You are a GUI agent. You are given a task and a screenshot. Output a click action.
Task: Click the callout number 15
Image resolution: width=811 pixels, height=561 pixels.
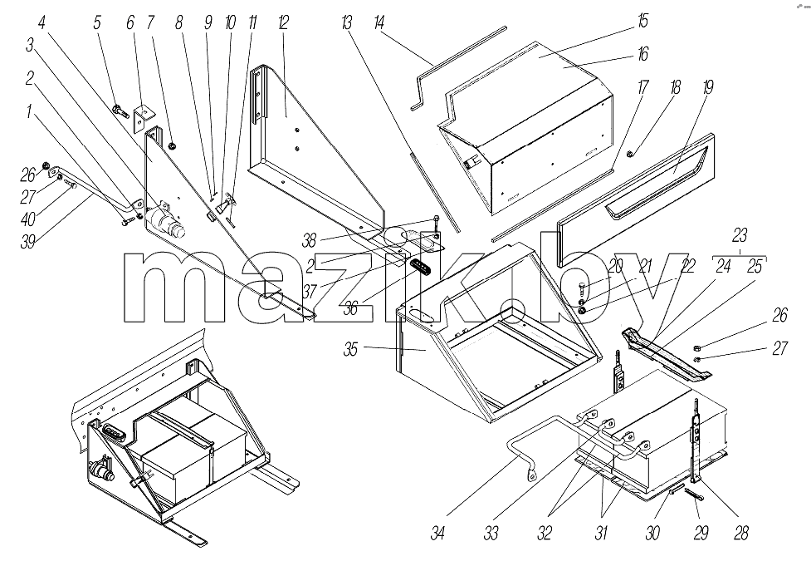click(x=642, y=22)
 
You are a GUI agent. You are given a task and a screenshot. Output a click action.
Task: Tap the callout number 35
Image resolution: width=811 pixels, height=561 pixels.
click(x=350, y=349)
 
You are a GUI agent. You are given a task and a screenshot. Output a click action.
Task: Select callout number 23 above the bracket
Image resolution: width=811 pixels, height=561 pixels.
click(x=740, y=235)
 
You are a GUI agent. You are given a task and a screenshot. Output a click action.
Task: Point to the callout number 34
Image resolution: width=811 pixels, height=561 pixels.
click(x=437, y=533)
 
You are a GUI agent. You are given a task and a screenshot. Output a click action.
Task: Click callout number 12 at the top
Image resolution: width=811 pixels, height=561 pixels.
click(x=282, y=22)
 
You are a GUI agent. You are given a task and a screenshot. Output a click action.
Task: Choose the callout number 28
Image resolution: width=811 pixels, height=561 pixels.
click(x=740, y=533)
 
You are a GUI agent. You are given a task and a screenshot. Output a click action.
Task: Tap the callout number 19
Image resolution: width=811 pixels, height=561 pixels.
click(x=707, y=87)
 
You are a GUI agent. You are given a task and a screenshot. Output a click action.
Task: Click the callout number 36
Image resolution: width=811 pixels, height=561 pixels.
click(x=350, y=308)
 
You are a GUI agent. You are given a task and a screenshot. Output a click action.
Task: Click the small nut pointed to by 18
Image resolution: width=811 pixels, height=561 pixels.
click(x=630, y=153)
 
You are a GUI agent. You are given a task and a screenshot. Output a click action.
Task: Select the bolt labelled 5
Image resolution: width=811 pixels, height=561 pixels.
click(x=121, y=111)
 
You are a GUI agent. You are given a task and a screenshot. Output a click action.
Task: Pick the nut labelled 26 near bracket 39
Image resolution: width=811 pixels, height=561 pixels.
click(x=46, y=166)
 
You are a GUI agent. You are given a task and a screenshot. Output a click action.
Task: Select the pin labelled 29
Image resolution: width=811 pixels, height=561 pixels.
click(x=694, y=495)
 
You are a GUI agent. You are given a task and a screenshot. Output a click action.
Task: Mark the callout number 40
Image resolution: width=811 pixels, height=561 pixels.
click(x=28, y=219)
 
